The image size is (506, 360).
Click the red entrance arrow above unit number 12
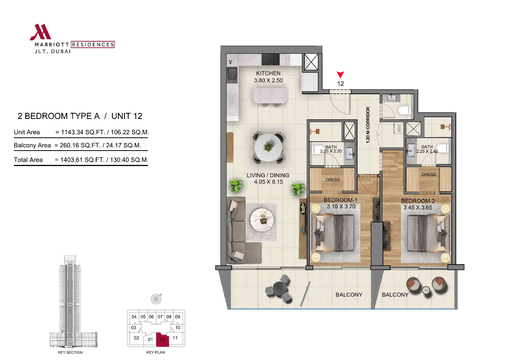[340, 75]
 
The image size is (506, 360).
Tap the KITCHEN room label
[268, 73]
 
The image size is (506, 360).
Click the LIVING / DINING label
[268, 175]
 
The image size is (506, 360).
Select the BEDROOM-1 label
[340, 200]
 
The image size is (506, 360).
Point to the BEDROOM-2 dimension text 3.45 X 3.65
[418, 208]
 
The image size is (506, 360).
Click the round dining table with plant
[268, 148]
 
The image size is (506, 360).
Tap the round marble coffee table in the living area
[262, 220]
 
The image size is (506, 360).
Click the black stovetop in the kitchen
[271, 60]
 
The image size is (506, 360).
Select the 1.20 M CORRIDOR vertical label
[368, 125]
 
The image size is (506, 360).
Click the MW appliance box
[399, 128]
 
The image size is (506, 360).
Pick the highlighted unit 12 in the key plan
[163, 339]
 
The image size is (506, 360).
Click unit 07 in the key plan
[160, 317]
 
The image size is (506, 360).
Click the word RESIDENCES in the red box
[93, 45]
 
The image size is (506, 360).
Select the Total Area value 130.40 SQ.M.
[129, 160]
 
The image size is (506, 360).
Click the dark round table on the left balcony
[280, 288]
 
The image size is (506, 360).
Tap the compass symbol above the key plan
[156, 299]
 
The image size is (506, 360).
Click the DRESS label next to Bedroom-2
[429, 175]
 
